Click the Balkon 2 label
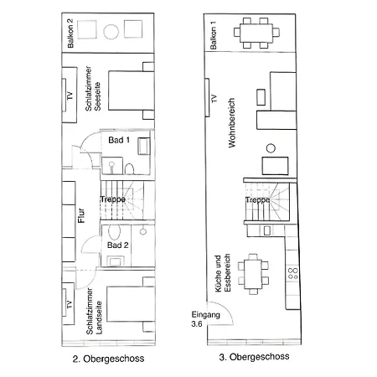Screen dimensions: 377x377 click(70, 34)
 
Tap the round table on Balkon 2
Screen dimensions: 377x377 click(111, 32)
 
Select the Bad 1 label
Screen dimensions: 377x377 click(119, 140)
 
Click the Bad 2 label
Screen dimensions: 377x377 click(118, 245)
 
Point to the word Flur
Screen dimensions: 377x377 click(81, 215)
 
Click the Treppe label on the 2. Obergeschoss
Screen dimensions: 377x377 click(113, 199)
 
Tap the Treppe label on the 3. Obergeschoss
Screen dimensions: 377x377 click(258, 200)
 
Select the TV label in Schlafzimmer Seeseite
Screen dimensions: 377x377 click(70, 96)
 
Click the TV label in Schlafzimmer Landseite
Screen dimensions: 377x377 click(69, 304)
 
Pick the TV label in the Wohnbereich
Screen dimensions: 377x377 click(214, 98)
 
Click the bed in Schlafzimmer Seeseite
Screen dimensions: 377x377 click(132, 90)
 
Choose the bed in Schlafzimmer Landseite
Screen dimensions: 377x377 click(131, 304)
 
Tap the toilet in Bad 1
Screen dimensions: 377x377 click(129, 169)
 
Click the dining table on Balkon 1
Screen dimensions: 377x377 click(256, 33)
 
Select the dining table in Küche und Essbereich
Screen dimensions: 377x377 click(253, 274)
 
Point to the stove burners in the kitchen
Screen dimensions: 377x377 click(292, 273)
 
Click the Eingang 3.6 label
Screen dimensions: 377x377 click(205, 319)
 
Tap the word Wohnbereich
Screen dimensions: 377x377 click(231, 122)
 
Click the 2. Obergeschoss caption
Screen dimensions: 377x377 click(108, 359)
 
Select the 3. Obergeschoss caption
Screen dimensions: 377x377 click(254, 357)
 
